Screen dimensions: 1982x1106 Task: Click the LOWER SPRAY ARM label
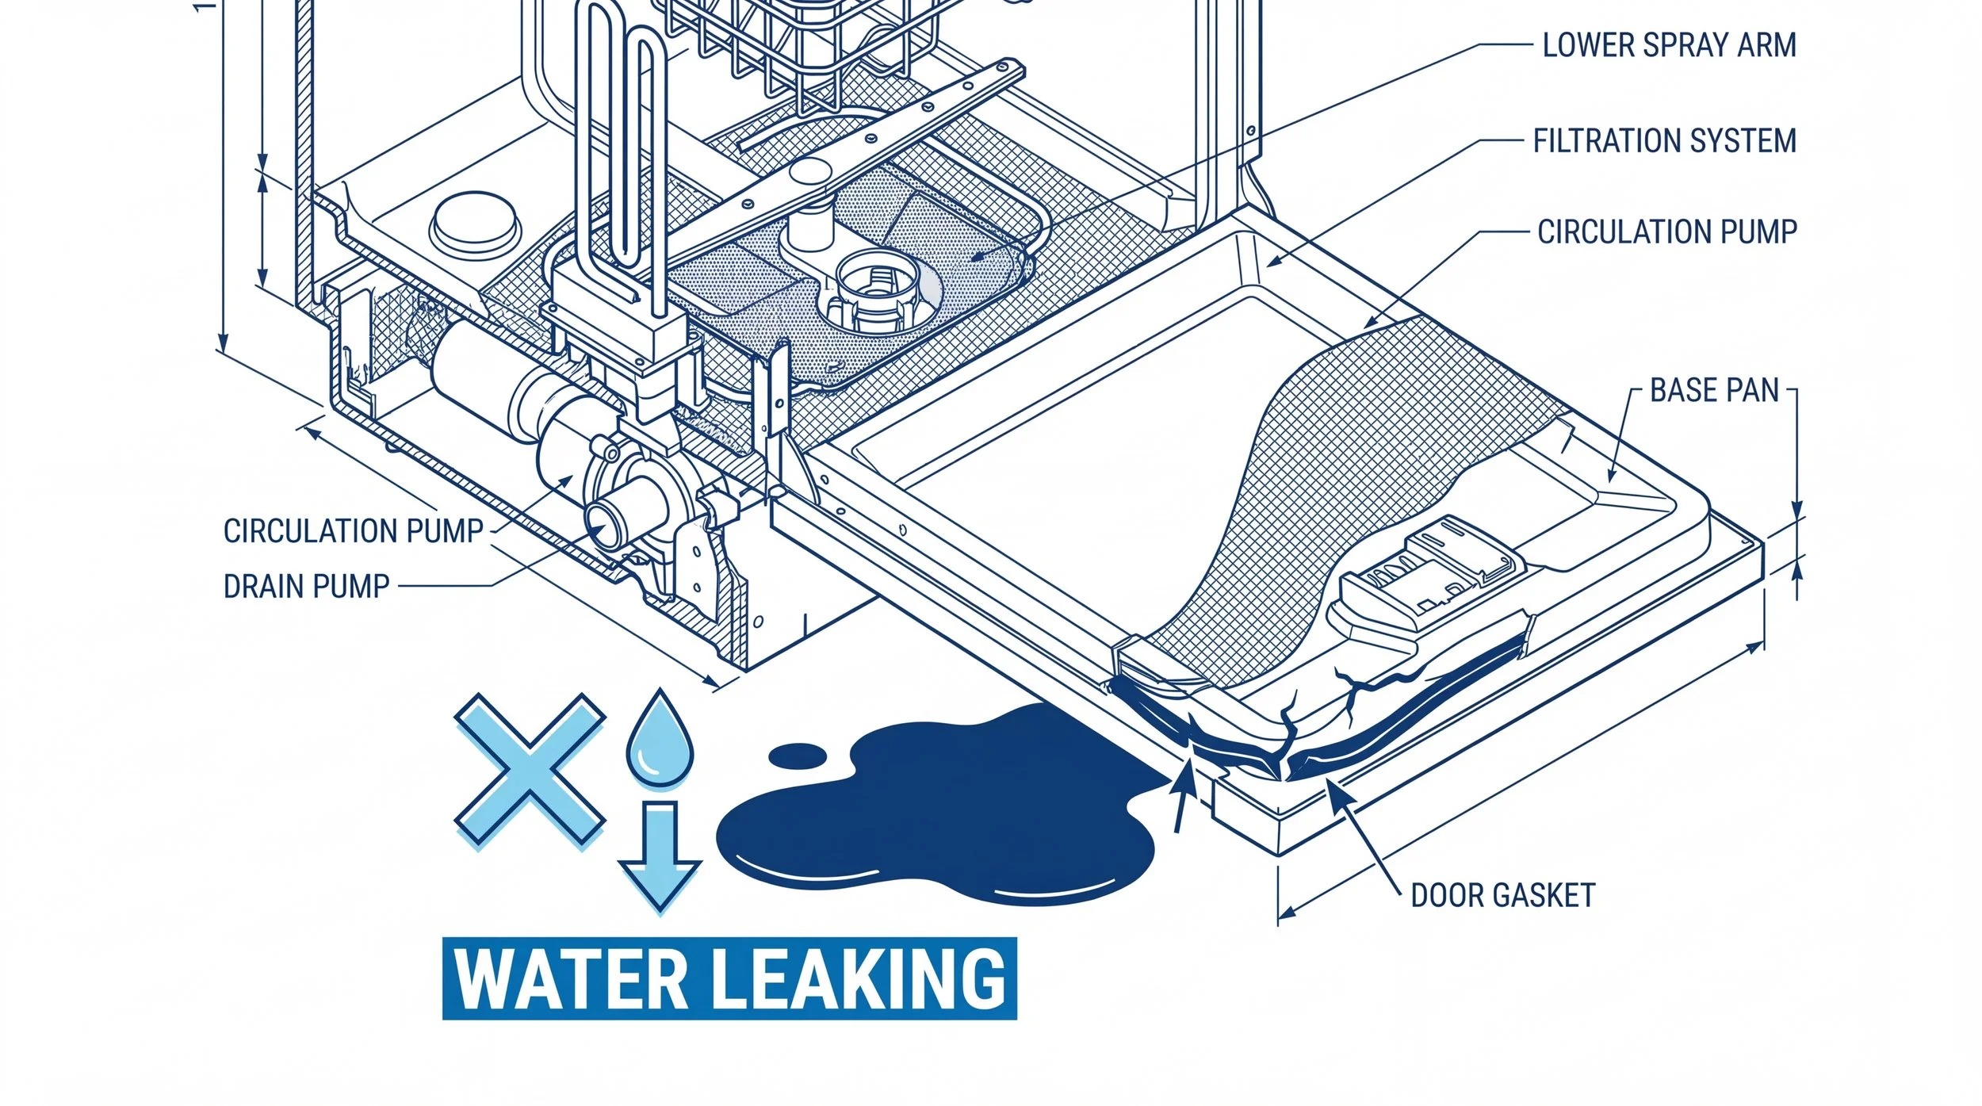point(1669,45)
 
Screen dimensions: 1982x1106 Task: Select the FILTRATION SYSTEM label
point(1664,141)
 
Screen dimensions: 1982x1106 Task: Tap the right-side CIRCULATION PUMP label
point(1666,232)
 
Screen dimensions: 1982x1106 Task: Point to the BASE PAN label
point(1714,391)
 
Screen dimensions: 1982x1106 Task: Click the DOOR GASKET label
point(1502,896)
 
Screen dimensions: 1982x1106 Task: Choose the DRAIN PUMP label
point(306,587)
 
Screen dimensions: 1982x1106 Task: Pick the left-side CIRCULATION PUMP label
point(353,531)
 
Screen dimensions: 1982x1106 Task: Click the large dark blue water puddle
point(936,817)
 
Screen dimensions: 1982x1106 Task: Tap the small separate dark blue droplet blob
point(798,755)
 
